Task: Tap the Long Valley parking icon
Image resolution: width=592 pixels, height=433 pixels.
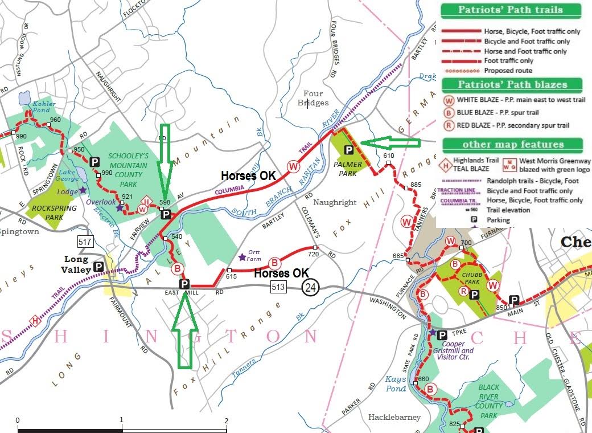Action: [x=98, y=267]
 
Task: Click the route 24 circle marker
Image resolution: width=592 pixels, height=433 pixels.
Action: [x=310, y=288]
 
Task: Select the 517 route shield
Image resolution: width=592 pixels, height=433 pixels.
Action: [x=86, y=243]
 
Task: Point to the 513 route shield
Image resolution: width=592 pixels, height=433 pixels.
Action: [x=278, y=288]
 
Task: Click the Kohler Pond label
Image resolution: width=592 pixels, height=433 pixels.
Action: [x=44, y=107]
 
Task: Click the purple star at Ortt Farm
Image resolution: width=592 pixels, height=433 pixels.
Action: [x=242, y=257]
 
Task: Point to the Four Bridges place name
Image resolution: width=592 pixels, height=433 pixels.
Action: [x=313, y=98]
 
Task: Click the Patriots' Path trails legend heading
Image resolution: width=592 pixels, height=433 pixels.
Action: [x=510, y=10]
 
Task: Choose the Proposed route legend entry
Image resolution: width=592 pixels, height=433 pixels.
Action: [x=508, y=71]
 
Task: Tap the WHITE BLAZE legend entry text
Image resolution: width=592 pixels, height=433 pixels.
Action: [x=520, y=100]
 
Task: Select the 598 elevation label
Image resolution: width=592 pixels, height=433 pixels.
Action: [x=165, y=202]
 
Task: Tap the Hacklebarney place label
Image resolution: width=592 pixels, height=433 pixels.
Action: [x=394, y=417]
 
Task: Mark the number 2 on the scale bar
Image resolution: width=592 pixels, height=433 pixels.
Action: [x=227, y=421]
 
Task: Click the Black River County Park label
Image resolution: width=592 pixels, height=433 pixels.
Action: [x=488, y=401]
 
